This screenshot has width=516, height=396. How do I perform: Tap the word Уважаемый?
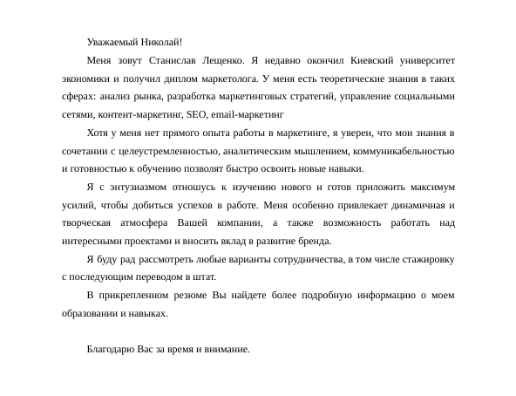(114, 41)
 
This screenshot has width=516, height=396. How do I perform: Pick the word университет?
(424, 60)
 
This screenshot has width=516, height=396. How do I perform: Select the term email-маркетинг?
(248, 114)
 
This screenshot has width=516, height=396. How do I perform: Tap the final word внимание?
(227, 349)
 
